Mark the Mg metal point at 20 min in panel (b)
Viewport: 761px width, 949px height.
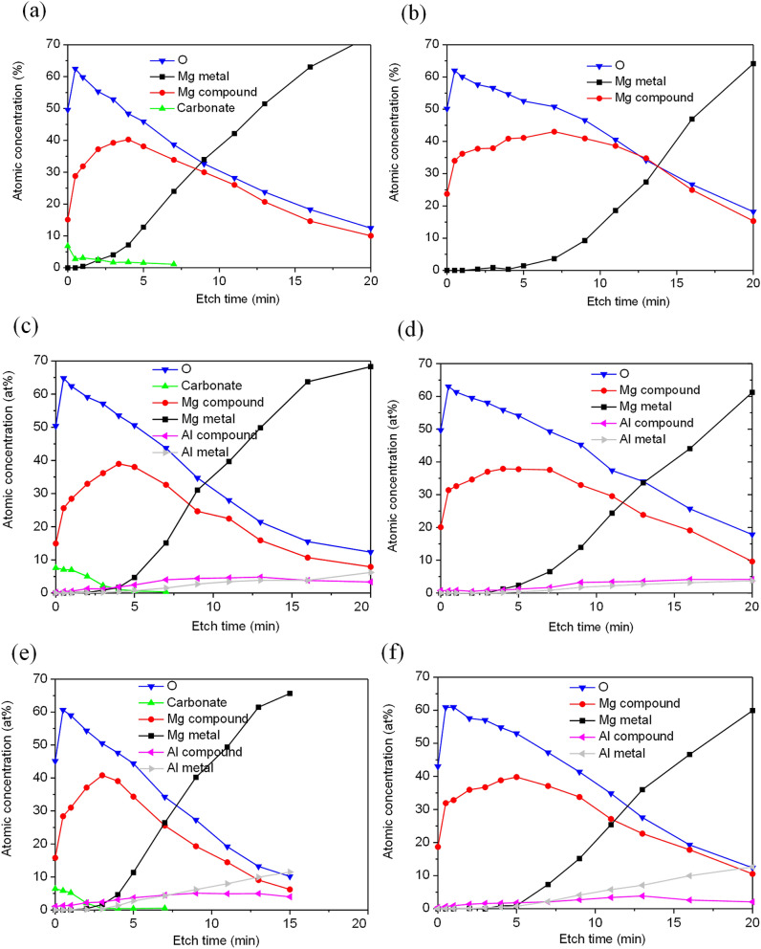click(753, 64)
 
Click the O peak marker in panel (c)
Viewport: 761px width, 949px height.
click(63, 379)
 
